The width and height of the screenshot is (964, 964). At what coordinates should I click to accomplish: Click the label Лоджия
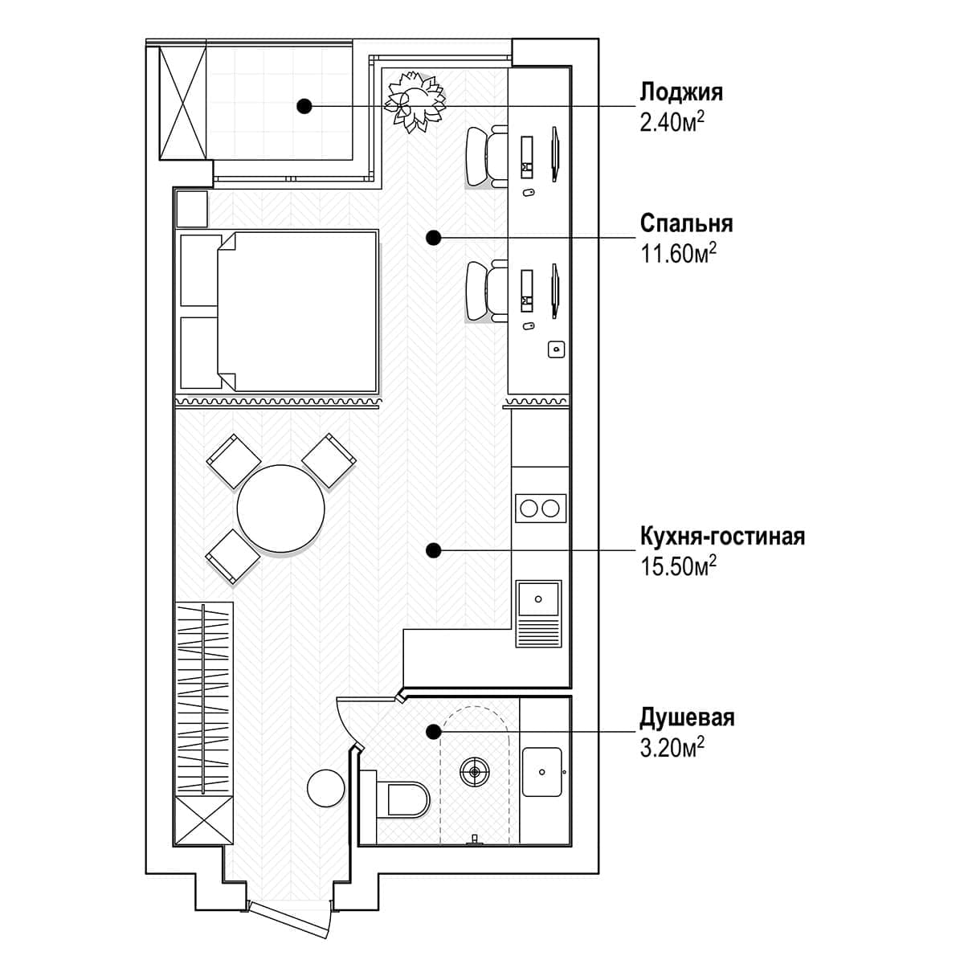(x=681, y=92)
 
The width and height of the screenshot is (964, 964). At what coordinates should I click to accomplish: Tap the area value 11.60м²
(x=678, y=255)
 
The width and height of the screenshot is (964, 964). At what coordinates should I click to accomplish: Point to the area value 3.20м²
(x=672, y=749)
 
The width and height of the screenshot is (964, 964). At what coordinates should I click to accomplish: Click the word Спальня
(x=686, y=223)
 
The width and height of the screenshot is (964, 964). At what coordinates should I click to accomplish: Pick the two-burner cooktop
(x=540, y=508)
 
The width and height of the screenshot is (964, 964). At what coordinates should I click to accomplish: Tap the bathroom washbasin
(x=543, y=772)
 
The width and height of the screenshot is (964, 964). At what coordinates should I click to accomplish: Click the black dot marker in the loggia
(x=304, y=105)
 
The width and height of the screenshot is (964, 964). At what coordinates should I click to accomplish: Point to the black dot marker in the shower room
(x=433, y=731)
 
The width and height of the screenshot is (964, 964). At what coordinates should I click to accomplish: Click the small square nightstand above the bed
(x=192, y=209)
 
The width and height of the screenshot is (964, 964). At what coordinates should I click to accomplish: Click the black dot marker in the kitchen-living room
(x=433, y=549)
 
